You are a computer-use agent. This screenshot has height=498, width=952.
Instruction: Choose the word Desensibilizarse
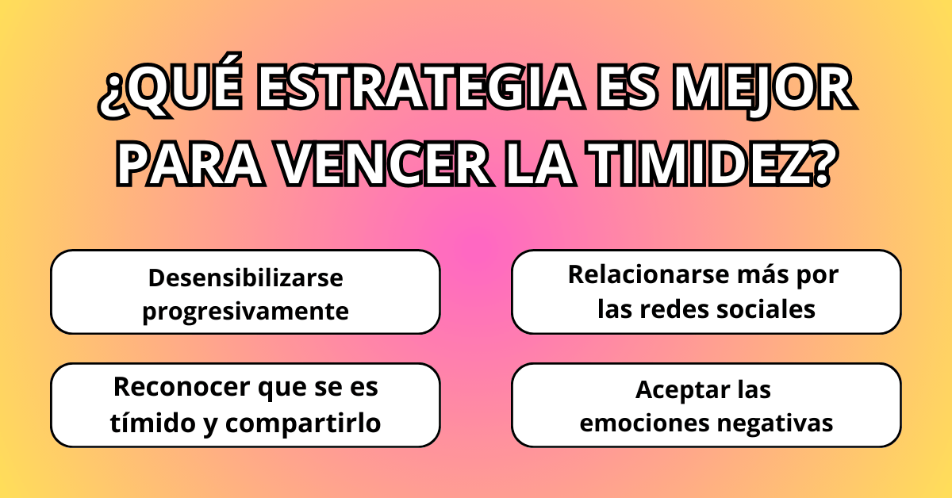pyautogui.click(x=245, y=278)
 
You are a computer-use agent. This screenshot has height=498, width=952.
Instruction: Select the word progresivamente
pyautogui.click(x=245, y=311)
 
